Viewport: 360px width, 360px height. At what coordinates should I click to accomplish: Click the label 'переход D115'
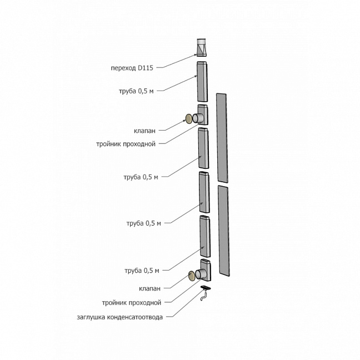[x=132, y=68]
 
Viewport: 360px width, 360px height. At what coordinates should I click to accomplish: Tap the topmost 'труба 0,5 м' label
[x=136, y=91]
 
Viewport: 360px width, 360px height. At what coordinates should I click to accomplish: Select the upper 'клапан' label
[x=144, y=131]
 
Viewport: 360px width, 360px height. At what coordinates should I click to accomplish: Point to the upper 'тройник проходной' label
[x=126, y=144]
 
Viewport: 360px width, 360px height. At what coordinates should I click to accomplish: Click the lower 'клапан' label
[x=149, y=288]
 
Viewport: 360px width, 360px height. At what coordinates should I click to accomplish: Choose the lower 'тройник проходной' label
[x=132, y=303]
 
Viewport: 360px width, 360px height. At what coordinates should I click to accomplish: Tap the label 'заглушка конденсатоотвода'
[x=119, y=317]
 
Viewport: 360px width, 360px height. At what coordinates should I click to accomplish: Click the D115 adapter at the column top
[x=202, y=48]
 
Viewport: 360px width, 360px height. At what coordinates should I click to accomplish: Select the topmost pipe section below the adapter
[x=202, y=81]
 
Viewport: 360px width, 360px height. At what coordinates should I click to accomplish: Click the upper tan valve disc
[x=189, y=118]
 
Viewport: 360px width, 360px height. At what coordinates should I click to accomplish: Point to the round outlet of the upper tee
[x=197, y=118]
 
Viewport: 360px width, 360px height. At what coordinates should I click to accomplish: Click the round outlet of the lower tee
[x=200, y=274]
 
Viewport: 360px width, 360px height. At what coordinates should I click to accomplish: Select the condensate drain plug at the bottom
[x=206, y=288]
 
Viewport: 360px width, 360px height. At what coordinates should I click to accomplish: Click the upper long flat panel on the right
[x=222, y=138]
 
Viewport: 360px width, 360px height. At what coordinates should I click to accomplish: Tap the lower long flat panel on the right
[x=224, y=231]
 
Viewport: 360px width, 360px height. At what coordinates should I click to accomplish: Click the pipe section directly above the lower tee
[x=205, y=236]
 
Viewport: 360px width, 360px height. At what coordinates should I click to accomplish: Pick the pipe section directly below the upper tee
[x=204, y=148]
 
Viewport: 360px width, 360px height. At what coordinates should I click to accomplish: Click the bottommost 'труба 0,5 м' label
[x=142, y=271]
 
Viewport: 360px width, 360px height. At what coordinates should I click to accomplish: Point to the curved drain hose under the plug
[x=204, y=296]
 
